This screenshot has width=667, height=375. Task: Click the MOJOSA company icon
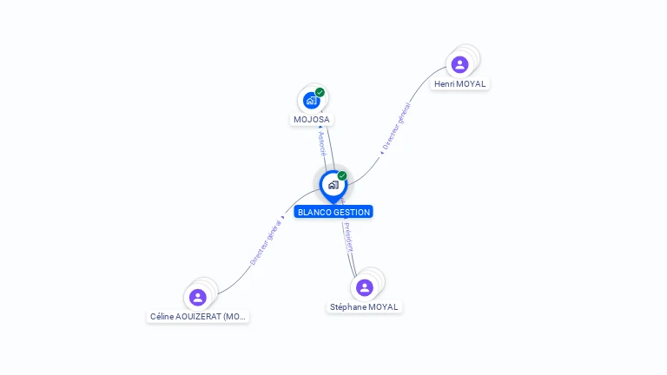point(311,101)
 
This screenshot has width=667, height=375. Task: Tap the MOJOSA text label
point(311,120)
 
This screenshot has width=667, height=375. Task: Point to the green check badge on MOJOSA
point(320,92)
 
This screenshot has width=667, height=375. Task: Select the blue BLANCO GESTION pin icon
point(333,185)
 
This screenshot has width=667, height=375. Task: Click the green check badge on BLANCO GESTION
point(342,176)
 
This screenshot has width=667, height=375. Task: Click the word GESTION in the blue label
point(351,212)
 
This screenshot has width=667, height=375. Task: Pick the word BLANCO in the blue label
point(314,212)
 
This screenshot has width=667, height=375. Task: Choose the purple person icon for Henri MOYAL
point(459,64)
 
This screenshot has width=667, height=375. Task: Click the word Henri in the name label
point(444,84)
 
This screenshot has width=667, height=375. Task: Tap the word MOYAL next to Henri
point(472,84)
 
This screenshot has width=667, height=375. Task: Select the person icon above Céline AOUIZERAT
point(198,297)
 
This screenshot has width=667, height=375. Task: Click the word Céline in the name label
point(163,317)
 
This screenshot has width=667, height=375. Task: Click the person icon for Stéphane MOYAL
point(365,287)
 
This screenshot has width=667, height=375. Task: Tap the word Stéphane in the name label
point(347,307)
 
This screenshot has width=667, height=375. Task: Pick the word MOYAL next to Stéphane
point(383,307)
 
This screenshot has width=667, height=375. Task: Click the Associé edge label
point(321,144)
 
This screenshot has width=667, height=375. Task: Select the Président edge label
point(348,236)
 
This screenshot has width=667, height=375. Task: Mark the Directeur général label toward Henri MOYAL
point(396,128)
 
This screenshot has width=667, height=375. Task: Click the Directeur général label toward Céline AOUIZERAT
point(266,241)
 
